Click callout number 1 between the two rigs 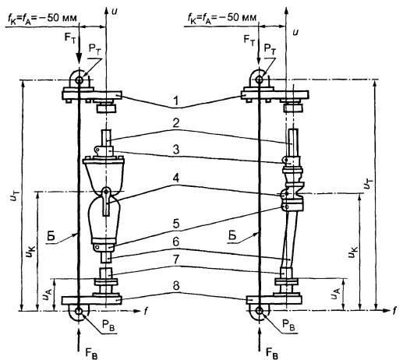tap(176, 101)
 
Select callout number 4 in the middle tap(176, 178)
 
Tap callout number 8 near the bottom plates tap(176, 286)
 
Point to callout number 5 tap(176, 224)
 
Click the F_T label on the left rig tap(69, 37)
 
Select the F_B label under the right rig tap(272, 353)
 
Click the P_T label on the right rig tap(270, 49)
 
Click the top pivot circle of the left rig tap(79, 80)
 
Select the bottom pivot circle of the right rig tap(259, 310)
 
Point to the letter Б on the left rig tap(51, 236)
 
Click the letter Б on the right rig tap(232, 235)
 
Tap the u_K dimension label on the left tap(30, 252)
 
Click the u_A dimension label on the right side tap(335, 294)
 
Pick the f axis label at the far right tap(394, 310)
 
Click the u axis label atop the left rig tap(114, 11)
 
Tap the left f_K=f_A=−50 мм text tap(41, 18)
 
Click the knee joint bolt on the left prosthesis tap(106, 192)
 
